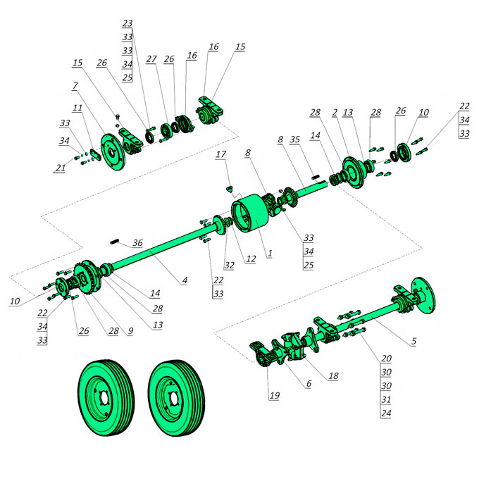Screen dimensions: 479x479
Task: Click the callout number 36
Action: pyautogui.click(x=137, y=243)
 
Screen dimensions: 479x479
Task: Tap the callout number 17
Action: pyautogui.click(x=221, y=154)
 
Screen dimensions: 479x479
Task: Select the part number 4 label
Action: pyautogui.click(x=185, y=280)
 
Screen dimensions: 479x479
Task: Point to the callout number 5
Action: pyautogui.click(x=413, y=341)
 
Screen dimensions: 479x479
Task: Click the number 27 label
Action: pyautogui.click(x=151, y=59)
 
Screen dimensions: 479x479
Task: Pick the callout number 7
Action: pyautogui.click(x=75, y=86)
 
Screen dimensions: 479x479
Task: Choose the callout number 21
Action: pyautogui.click(x=61, y=168)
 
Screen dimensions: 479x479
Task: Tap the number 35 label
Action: pyautogui.click(x=294, y=139)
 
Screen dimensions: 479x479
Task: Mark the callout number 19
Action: pyautogui.click(x=274, y=395)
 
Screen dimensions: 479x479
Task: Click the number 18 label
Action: pyautogui.click(x=333, y=375)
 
